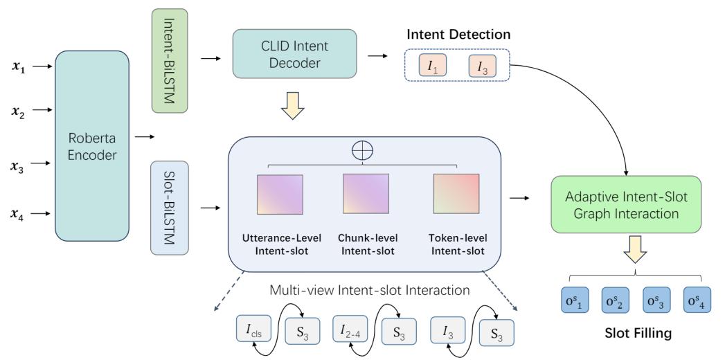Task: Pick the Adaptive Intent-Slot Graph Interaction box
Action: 626,206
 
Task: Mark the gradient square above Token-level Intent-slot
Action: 456,194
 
